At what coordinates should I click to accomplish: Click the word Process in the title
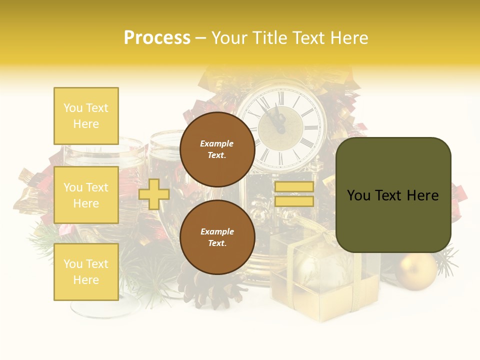point(157,37)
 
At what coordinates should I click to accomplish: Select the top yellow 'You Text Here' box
point(86,116)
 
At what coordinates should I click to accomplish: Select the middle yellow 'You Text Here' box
point(86,195)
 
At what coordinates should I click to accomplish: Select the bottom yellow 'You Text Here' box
point(86,271)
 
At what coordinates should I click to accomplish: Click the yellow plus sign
point(153,194)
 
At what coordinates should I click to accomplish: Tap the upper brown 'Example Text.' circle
point(217,149)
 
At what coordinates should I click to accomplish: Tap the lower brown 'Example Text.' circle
point(217,237)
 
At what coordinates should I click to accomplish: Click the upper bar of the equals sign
point(294,186)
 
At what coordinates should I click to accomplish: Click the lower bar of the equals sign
point(294,201)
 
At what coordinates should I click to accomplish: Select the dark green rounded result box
point(393,195)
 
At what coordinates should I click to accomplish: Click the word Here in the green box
point(422,195)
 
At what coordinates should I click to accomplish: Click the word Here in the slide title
point(348,37)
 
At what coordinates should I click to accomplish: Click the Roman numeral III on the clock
point(313,127)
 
